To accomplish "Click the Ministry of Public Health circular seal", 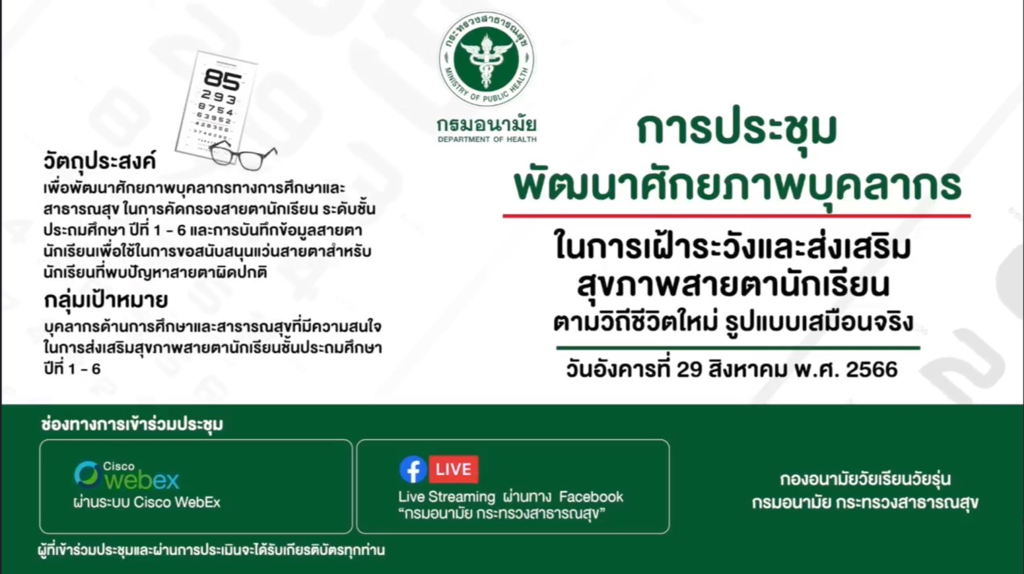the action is [x=487, y=59].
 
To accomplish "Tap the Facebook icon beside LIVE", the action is [x=413, y=469].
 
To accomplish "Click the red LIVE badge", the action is [x=454, y=469].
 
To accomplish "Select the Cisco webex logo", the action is [x=127, y=475].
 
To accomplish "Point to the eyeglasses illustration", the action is [x=242, y=156].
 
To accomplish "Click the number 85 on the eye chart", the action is [x=222, y=79].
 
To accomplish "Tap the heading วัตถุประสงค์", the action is [x=100, y=162].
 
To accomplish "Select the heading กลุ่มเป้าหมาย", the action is [x=106, y=300].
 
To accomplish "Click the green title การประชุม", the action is [x=737, y=129].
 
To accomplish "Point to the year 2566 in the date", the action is [x=871, y=369].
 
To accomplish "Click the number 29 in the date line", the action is [x=689, y=369].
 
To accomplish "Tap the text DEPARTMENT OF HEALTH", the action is [x=487, y=139].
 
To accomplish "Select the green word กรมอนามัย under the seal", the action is [x=487, y=124].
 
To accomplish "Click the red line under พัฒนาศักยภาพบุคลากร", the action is [x=736, y=216].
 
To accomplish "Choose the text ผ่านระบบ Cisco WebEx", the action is [x=147, y=502].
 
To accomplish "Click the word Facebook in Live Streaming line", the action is [x=591, y=497].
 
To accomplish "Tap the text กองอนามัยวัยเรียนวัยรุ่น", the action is [x=866, y=479].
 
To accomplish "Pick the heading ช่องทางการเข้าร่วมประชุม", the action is [x=132, y=424].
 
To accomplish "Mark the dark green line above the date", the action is [x=738, y=348].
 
